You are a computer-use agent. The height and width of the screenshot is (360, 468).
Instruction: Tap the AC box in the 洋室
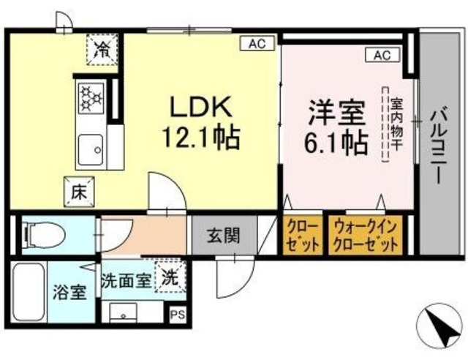click(382, 55)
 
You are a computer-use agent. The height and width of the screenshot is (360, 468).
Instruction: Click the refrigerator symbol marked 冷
click(103, 49)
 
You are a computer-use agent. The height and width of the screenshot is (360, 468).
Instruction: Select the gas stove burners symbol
click(93, 98)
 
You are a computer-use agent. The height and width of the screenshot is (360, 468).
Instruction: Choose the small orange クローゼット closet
click(301, 235)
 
